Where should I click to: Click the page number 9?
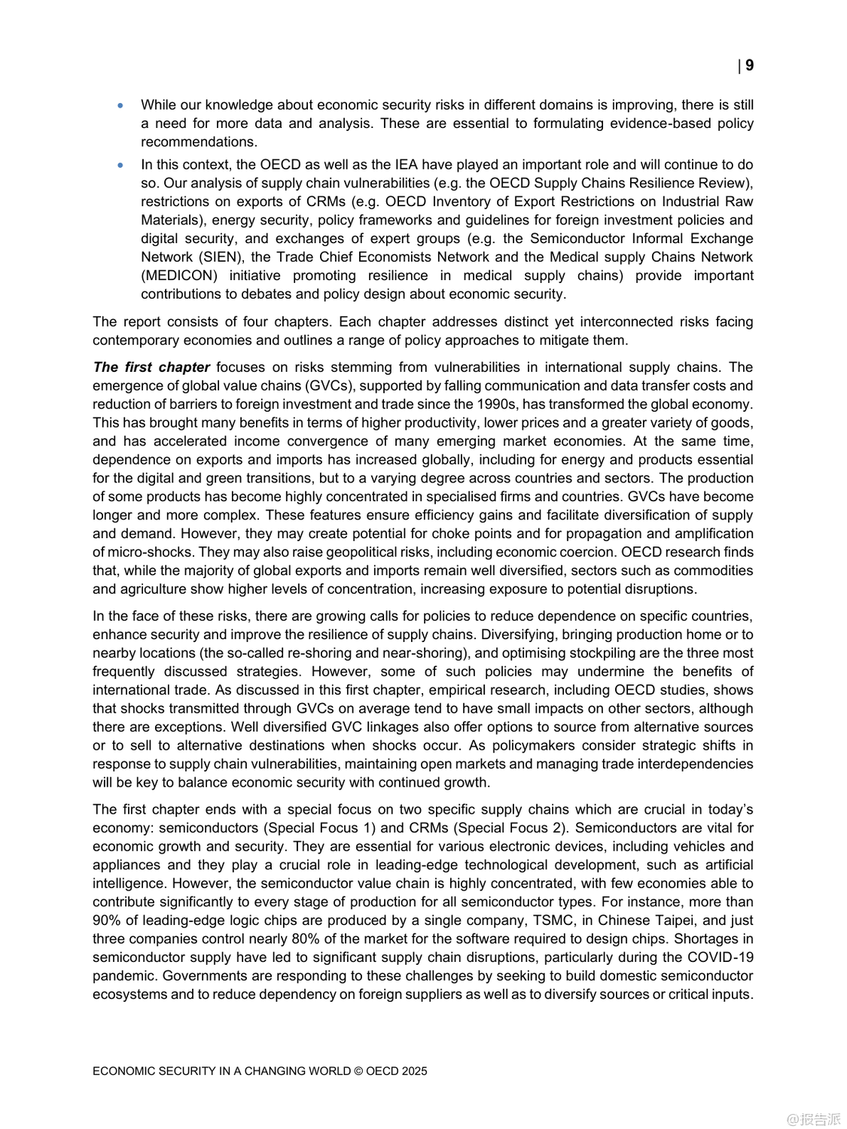[749, 65]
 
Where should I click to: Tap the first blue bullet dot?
[120, 105]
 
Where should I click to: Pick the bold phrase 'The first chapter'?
[151, 367]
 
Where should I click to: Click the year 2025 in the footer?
[414, 1071]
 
